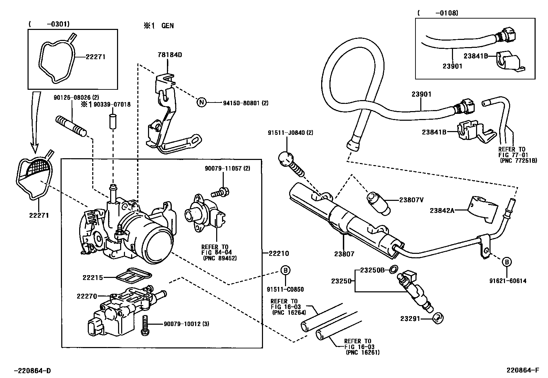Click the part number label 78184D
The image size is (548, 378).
click(170, 55)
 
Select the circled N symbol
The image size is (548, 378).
click(201, 102)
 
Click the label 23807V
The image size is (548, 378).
click(411, 200)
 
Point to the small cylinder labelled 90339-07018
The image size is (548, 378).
click(113, 121)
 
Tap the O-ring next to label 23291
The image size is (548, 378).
click(438, 318)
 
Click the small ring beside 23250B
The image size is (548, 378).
click(393, 269)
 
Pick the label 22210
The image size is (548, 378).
click(279, 253)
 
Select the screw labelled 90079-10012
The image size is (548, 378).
click(145, 325)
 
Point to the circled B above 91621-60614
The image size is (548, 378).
click(507, 262)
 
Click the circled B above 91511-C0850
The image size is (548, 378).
click(285, 270)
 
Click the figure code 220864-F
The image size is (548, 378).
click(523, 370)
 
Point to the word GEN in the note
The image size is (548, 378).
click(168, 26)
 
